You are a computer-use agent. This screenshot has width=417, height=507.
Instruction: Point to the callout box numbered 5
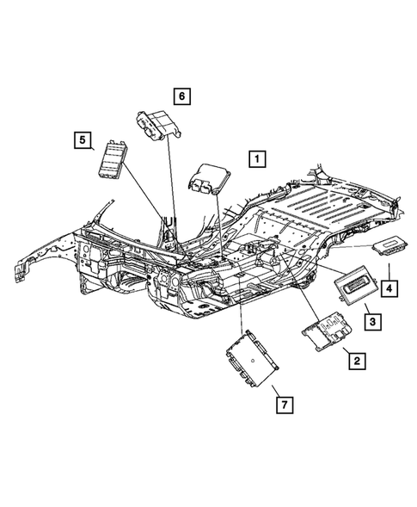coord(83,139)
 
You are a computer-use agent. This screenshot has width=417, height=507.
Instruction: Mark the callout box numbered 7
coord(281,402)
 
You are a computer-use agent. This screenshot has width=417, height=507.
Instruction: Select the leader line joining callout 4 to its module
coord(389,268)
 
